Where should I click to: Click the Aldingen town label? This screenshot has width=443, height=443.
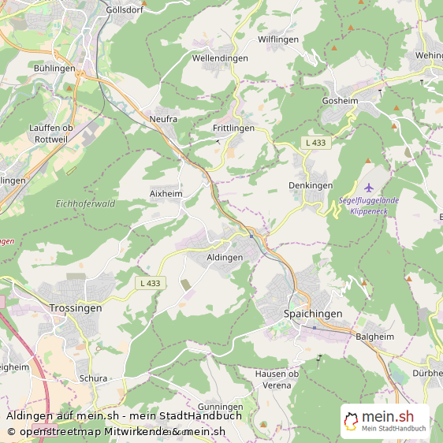[x=225, y=258]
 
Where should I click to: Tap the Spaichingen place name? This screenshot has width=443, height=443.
[x=313, y=314]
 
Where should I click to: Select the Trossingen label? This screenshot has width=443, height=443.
[x=75, y=308]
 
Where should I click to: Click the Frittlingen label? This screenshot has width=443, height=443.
[x=233, y=128]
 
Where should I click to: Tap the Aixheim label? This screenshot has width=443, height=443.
[x=166, y=193]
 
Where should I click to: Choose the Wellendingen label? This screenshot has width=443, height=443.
[x=220, y=58]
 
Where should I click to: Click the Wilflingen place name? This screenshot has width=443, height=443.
[x=280, y=39]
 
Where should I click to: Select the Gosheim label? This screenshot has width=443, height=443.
[x=340, y=102]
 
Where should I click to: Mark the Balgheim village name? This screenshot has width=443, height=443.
[x=373, y=336]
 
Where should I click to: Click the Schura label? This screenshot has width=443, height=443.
[x=93, y=378]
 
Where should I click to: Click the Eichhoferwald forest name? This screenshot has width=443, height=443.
[x=86, y=203]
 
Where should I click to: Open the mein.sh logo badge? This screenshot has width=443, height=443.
[x=385, y=421]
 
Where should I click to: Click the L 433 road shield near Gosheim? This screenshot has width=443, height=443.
[x=316, y=142]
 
